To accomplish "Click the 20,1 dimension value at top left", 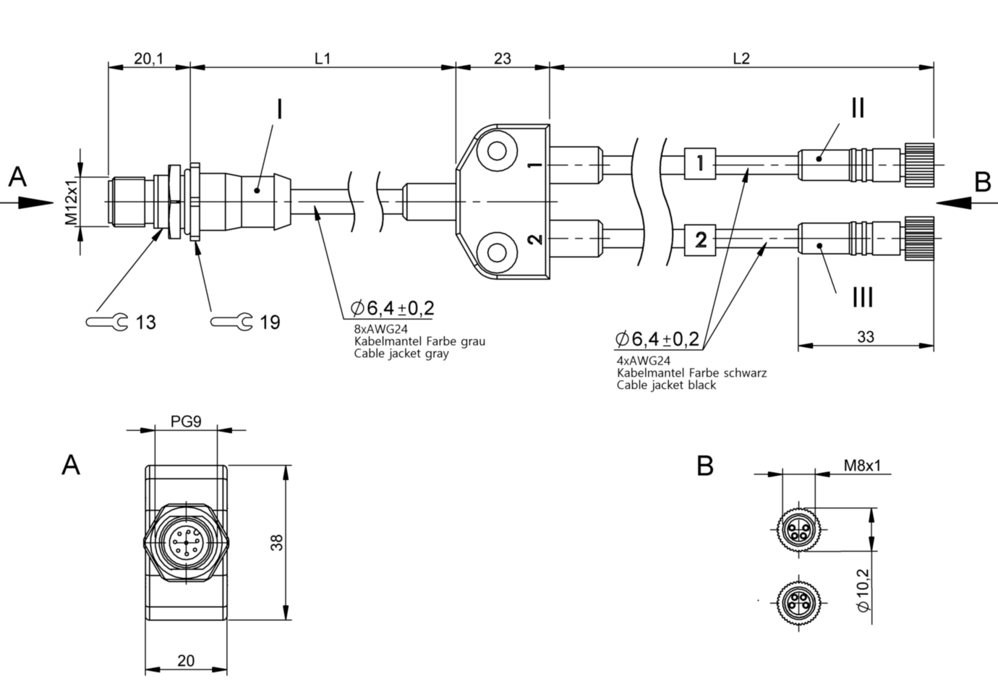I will pyautogui.click(x=148, y=59).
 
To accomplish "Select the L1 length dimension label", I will pyautogui.click(x=323, y=59).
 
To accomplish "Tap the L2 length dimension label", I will pyautogui.click(x=741, y=59).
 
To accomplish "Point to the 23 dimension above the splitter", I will pyautogui.click(x=502, y=59).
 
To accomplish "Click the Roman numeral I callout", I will pyautogui.click(x=279, y=109).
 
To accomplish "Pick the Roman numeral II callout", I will pyautogui.click(x=857, y=108).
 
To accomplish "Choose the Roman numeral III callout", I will pyautogui.click(x=862, y=297).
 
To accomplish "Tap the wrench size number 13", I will pyautogui.click(x=146, y=322).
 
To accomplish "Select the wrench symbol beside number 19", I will pyautogui.click(x=231, y=321).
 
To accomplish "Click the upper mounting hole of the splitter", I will pyautogui.click(x=498, y=151).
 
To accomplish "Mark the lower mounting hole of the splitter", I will pyautogui.click(x=498, y=252).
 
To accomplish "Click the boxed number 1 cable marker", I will pyautogui.click(x=699, y=163).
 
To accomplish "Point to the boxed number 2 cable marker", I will pyautogui.click(x=699, y=239).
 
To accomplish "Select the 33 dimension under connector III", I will pyautogui.click(x=865, y=337).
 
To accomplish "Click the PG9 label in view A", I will pyautogui.click(x=186, y=421).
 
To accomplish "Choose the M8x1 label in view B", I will pyautogui.click(x=862, y=465).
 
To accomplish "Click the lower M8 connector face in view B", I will pyautogui.click(x=798, y=600).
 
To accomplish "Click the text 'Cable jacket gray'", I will pyautogui.click(x=401, y=354).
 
